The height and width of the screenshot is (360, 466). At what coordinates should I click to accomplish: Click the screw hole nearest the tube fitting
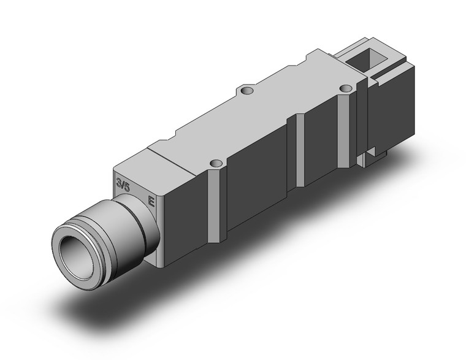(x=215, y=164)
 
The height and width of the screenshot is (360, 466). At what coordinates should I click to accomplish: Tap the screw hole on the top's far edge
(x=246, y=91)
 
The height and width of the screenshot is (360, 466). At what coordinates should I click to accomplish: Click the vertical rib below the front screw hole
(x=217, y=202)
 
